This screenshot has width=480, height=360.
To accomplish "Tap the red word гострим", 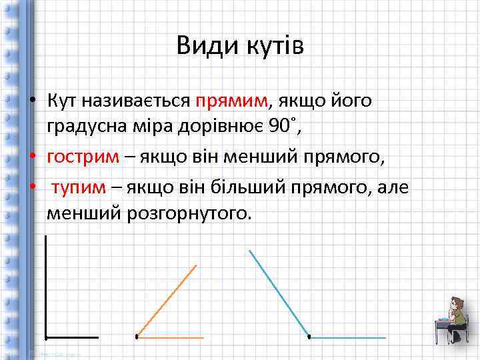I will [83, 157].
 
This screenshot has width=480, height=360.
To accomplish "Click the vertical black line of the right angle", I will [45, 287].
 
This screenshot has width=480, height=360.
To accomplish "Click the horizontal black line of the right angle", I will [71, 337].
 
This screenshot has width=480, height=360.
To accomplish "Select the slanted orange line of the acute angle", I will [167, 300].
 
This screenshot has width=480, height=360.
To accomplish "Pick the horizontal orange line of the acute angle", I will [171, 337].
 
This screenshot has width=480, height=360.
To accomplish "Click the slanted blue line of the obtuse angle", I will [279, 293].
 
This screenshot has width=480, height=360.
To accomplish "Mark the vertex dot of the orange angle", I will [137, 337].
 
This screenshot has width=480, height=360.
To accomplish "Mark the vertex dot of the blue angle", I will [309, 337].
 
